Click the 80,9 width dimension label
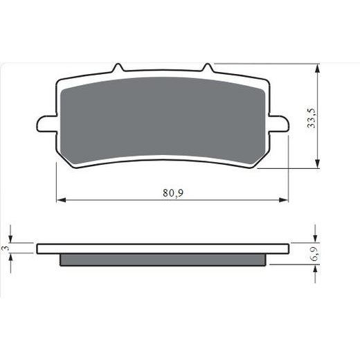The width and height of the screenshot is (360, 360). (173, 193)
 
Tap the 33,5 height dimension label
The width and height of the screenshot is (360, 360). (311, 118)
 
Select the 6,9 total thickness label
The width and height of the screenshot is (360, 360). (315, 253)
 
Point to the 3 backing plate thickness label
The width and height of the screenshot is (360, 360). (6, 248)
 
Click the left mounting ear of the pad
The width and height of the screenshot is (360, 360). (46, 124)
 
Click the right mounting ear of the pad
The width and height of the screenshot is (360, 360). (279, 124)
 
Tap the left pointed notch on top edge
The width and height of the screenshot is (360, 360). (118, 67)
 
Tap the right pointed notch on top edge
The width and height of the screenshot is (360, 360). (208, 67)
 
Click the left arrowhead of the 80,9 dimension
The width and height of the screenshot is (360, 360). (61, 200)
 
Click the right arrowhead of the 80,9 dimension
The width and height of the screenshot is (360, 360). (284, 200)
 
